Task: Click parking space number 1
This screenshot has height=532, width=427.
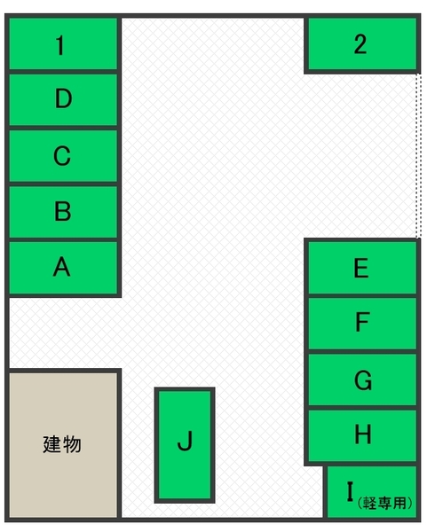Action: pyautogui.click(x=63, y=43)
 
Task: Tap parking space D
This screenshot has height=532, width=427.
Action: pyautogui.click(x=63, y=99)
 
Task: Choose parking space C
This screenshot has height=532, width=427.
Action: pyautogui.click(x=63, y=156)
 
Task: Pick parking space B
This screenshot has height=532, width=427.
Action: pyautogui.click(x=63, y=212)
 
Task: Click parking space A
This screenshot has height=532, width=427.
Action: pyautogui.click(x=63, y=268)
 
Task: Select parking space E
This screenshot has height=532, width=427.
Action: pyautogui.click(x=362, y=268)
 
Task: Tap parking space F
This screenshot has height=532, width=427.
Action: pyautogui.click(x=362, y=324)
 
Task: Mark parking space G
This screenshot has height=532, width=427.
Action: pyautogui.click(x=362, y=379)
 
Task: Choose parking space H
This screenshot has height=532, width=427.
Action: pyautogui.click(x=362, y=435)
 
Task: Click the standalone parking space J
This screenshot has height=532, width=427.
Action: pyautogui.click(x=185, y=445)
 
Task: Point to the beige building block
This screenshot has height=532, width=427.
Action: pyautogui.click(x=63, y=445)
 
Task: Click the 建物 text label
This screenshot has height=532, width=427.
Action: pyautogui.click(x=62, y=444)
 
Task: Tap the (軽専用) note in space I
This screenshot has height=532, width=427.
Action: pyautogui.click(x=385, y=503)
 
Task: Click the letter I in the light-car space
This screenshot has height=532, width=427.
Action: pyautogui.click(x=351, y=491)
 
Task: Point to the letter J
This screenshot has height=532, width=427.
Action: pyautogui.click(x=186, y=441)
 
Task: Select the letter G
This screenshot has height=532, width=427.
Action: pyautogui.click(x=363, y=380)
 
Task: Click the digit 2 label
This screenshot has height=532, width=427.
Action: pyautogui.click(x=360, y=44)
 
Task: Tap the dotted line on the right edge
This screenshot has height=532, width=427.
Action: pyautogui.click(x=419, y=156)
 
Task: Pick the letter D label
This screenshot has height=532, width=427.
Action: pyautogui.click(x=64, y=98)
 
